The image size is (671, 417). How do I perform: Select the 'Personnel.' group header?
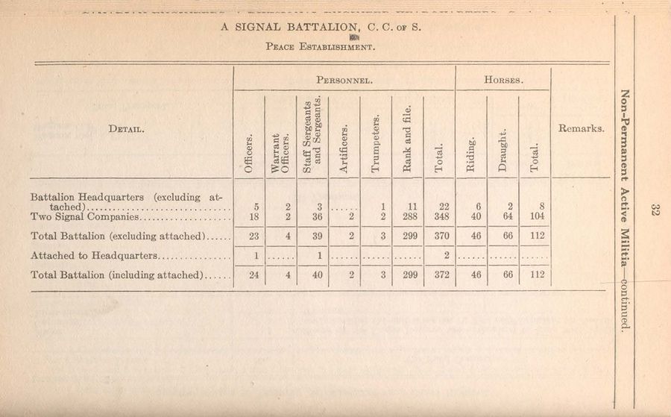tap(344, 78)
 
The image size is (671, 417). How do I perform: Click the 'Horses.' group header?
tap(503, 78)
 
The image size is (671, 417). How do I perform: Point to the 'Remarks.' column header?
tap(581, 128)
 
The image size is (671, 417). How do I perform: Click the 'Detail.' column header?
tap(126, 128)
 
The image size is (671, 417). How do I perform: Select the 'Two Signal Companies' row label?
tap(85, 217)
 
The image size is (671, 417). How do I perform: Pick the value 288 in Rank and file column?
tap(407, 217)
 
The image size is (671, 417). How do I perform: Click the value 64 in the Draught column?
tap(503, 217)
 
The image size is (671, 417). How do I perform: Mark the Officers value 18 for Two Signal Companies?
tap(251, 217)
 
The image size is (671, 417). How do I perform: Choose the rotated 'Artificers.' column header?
tap(344, 147)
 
